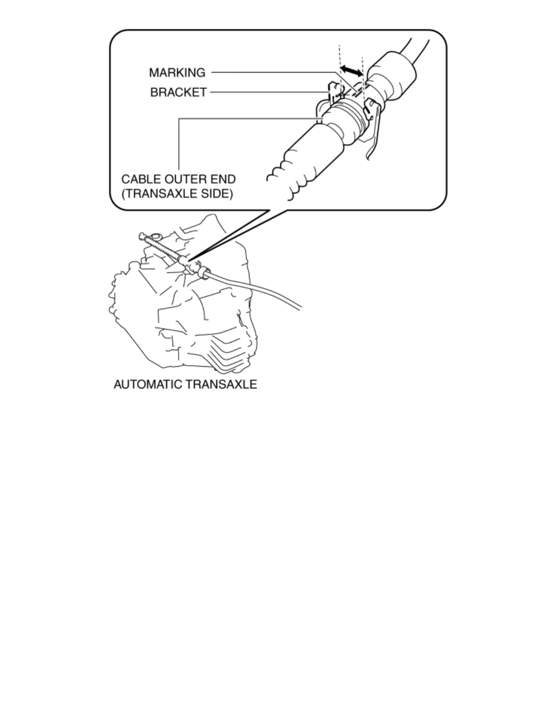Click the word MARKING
coord(177,73)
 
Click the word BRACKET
coord(178,93)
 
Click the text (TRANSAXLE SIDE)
coord(177,194)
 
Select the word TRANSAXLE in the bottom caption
coord(221,384)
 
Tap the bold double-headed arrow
coord(352,70)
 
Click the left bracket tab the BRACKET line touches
coord(334,91)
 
